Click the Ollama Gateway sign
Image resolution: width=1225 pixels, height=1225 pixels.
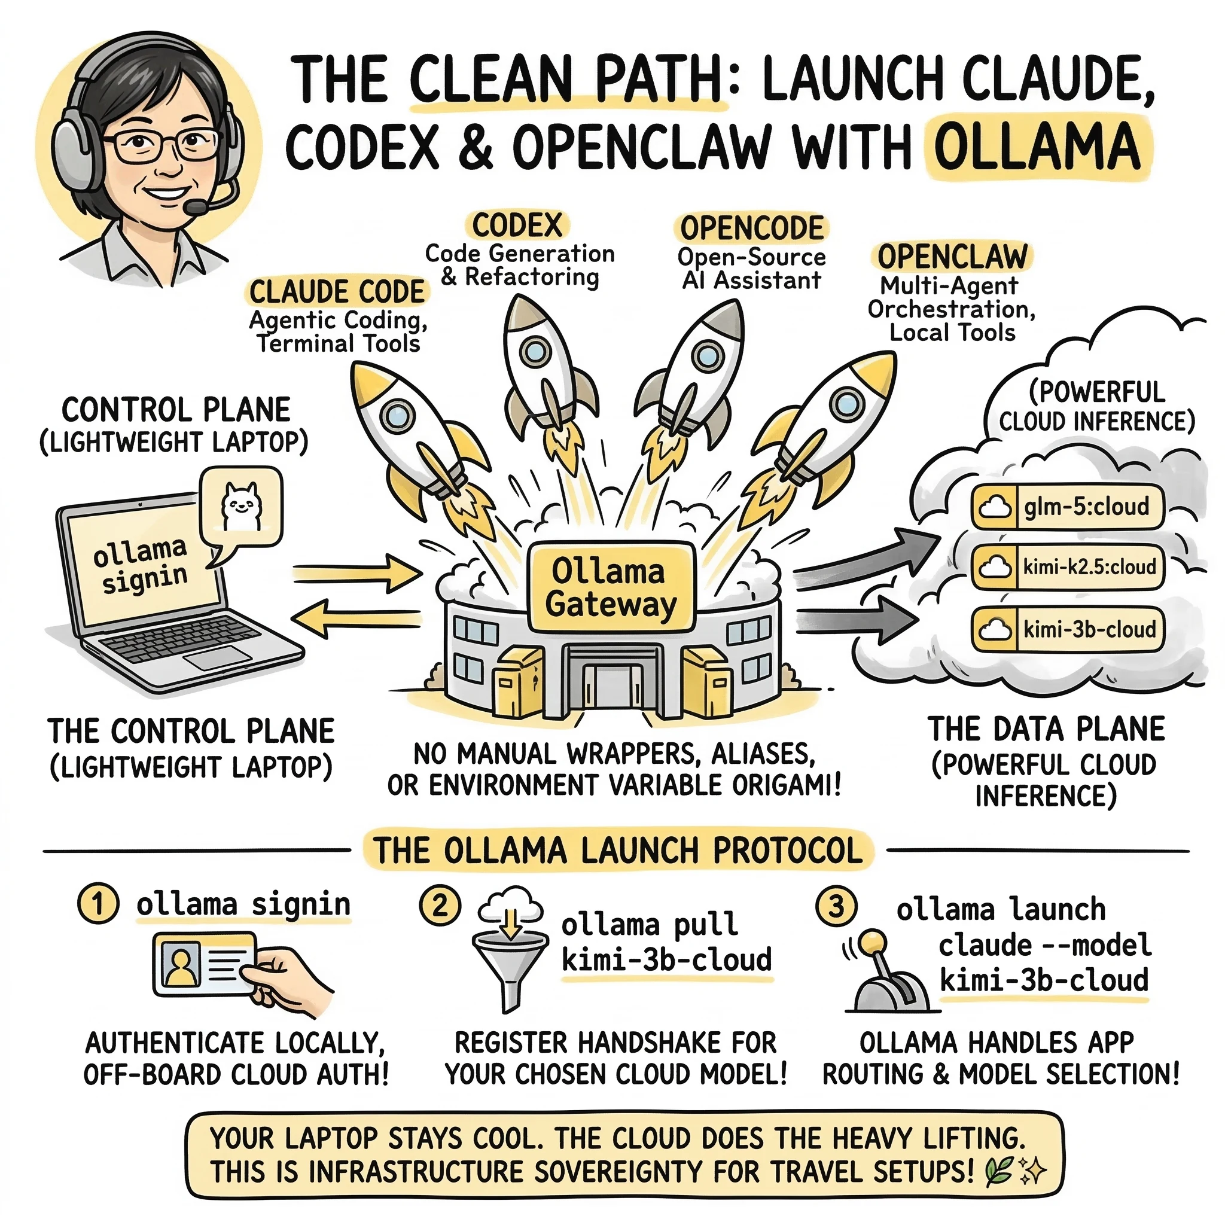click(x=611, y=587)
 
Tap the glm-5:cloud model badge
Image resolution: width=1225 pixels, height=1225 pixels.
click(x=1068, y=507)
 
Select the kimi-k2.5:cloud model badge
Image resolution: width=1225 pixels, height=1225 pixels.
click(x=1068, y=566)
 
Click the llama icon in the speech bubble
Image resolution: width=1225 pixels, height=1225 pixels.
click(x=240, y=506)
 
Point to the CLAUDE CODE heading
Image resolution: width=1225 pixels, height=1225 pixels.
click(x=337, y=292)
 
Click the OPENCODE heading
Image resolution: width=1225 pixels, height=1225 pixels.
click(x=751, y=228)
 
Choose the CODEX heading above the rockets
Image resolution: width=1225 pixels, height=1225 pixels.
click(x=517, y=225)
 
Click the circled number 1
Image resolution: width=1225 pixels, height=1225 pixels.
click(x=97, y=904)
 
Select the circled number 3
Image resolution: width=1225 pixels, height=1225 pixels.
click(x=836, y=906)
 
